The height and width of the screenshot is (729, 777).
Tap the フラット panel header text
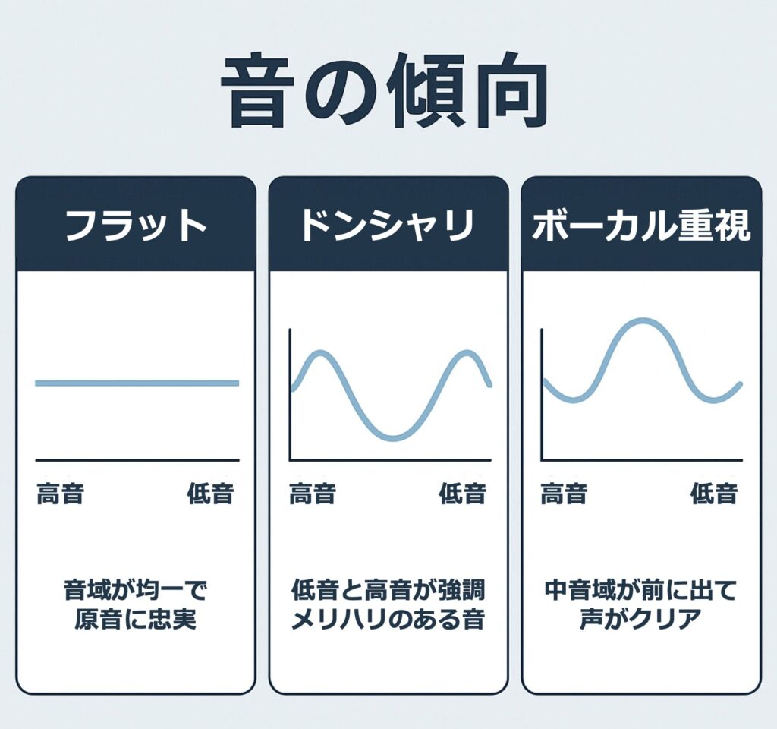pyautogui.click(x=136, y=226)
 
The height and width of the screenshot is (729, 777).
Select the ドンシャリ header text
pyautogui.click(x=388, y=226)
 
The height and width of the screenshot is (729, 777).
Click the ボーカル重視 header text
pyautogui.click(x=641, y=226)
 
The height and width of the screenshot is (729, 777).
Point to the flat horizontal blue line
pyautogui.click(x=137, y=383)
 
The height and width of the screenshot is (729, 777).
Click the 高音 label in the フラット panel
pyautogui.click(x=61, y=494)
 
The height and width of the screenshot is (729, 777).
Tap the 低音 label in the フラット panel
pyautogui.click(x=210, y=494)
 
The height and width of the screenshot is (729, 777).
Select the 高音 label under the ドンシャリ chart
pyautogui.click(x=313, y=494)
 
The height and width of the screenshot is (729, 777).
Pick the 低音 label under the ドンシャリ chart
pyautogui.click(x=462, y=494)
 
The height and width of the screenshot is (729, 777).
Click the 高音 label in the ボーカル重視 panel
pyautogui.click(x=564, y=494)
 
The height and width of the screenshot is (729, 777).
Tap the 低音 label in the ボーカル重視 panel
pyautogui.click(x=714, y=494)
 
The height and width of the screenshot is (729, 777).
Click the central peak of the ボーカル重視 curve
pyautogui.click(x=642, y=321)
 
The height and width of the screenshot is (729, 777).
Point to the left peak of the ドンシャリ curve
pyautogui.click(x=321, y=353)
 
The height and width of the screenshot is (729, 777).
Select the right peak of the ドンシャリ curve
pyautogui.click(x=467, y=353)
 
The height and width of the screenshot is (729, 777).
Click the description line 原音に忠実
pyautogui.click(x=136, y=620)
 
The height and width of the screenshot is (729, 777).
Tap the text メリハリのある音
pyautogui.click(x=388, y=620)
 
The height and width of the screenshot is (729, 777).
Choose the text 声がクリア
pyautogui.click(x=640, y=620)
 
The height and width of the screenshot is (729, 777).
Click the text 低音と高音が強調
pyautogui.click(x=388, y=589)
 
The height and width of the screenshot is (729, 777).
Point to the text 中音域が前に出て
pyautogui.click(x=640, y=589)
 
